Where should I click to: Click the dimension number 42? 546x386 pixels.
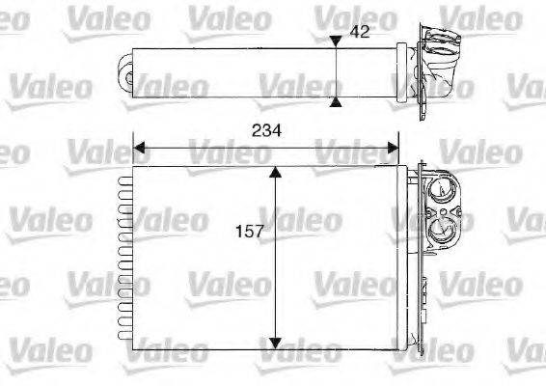click(360, 32)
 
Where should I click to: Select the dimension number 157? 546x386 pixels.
click(248, 232)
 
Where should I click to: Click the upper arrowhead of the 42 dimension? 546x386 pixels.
click(335, 41)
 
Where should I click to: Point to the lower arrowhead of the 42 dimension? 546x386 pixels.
click(335, 101)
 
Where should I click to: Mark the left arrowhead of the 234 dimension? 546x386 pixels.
click(138, 149)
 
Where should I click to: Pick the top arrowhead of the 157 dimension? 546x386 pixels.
click(276, 173)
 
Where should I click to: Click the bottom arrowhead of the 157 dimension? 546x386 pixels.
click(276, 342)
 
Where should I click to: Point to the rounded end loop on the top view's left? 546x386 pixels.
click(125, 70)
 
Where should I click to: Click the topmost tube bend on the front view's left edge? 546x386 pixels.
click(123, 177)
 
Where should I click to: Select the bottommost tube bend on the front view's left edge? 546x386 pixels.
click(123, 339)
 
